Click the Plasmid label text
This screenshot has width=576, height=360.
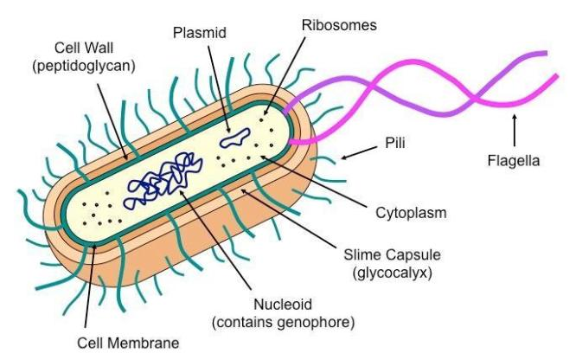(x=200, y=33)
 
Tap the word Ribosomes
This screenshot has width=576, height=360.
(x=339, y=25)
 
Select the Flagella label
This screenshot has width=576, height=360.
(x=514, y=161)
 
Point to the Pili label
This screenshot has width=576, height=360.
(x=395, y=143)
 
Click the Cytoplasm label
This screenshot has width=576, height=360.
(x=411, y=213)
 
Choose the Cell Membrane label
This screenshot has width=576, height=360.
(x=128, y=343)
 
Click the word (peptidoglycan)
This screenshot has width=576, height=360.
(x=84, y=66)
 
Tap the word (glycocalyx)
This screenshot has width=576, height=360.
(x=392, y=273)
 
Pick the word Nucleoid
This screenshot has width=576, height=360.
(x=283, y=305)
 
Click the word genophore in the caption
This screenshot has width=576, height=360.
(x=316, y=323)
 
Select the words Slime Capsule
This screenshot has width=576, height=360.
(x=392, y=254)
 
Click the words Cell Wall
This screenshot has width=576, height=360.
(x=84, y=48)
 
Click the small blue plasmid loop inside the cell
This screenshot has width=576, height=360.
(x=235, y=138)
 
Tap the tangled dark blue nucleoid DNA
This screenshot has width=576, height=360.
(x=163, y=181)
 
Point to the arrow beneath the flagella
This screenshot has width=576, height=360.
(x=515, y=131)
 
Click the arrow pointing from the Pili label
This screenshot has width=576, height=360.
(x=359, y=153)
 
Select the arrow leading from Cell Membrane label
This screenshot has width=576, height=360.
(x=91, y=286)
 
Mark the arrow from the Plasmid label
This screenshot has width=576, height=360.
(x=220, y=89)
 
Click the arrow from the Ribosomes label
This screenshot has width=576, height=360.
(x=285, y=75)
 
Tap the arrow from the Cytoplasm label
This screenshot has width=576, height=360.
(x=314, y=181)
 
